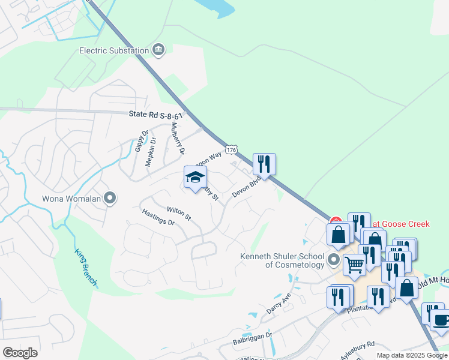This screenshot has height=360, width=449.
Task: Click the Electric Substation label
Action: pyautogui.click(x=114, y=50)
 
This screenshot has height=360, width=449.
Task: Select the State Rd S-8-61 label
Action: pyautogui.click(x=155, y=114)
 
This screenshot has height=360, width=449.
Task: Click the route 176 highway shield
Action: pyautogui.click(x=232, y=149)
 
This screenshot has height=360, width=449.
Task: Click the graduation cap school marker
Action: pyautogui.click(x=195, y=178)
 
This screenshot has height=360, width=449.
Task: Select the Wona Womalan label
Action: pyautogui.click(x=71, y=198)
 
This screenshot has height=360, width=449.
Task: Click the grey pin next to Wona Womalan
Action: pyautogui.click(x=109, y=198)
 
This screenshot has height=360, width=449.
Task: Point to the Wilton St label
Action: pyautogui.click(x=179, y=213)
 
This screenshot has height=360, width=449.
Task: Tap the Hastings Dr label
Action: pyautogui.click(x=158, y=217)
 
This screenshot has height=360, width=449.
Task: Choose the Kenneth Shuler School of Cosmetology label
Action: pyautogui.click(x=282, y=260)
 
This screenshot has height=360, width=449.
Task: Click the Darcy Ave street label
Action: pyautogui.click(x=278, y=304)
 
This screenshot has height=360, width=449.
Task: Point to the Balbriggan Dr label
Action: pyautogui.click(x=252, y=339)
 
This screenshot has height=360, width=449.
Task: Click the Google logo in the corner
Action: pyautogui.click(x=20, y=353)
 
